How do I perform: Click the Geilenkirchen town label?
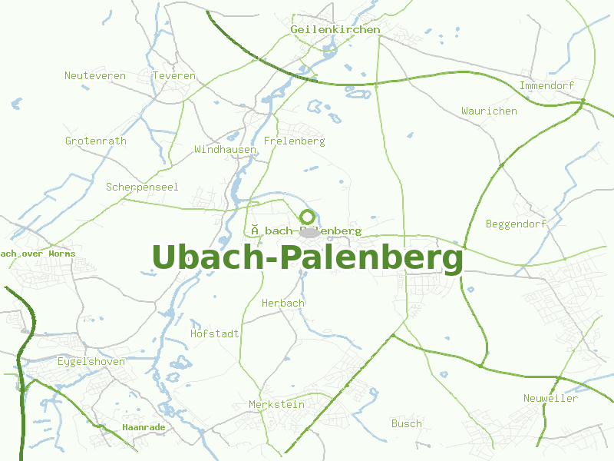[335, 30]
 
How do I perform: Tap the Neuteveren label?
[95, 76]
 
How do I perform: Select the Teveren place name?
[174, 76]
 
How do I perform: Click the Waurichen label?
[489, 111]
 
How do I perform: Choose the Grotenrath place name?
[96, 141]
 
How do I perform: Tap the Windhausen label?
[225, 149]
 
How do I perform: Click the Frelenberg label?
[294, 141]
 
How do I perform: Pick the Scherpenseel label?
[142, 187]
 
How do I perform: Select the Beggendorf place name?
[517, 224]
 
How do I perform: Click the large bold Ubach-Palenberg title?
[308, 258]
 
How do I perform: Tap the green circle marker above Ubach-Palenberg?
[308, 217]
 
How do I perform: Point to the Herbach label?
[283, 303]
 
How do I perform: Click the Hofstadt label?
[215, 334]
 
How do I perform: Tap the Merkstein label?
[276, 405]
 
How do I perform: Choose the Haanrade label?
[144, 427]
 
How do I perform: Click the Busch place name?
[407, 423]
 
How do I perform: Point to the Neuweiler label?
[550, 399]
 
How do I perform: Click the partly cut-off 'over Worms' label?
[38, 254]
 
